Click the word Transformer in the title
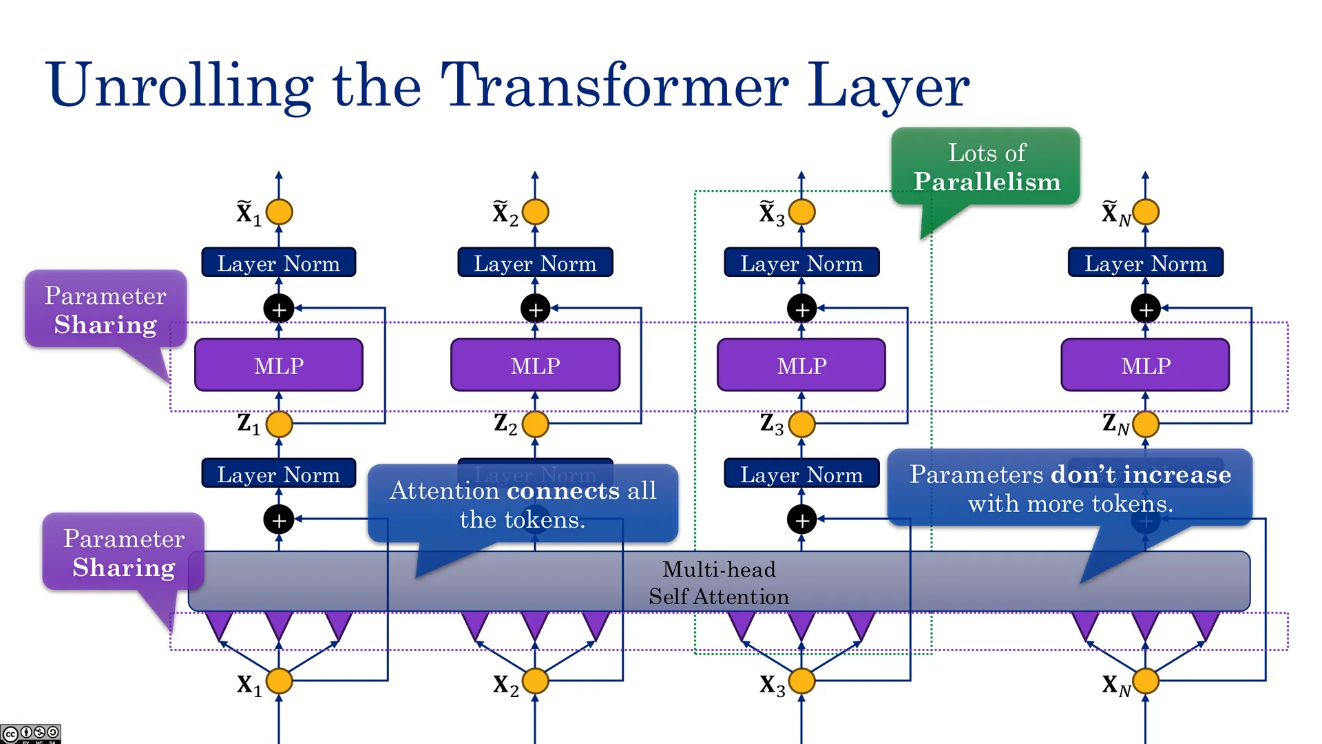click(614, 85)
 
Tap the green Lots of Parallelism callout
click(985, 167)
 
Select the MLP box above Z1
click(279, 365)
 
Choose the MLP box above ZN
click(1145, 365)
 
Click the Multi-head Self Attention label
click(719, 583)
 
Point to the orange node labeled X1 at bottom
click(279, 681)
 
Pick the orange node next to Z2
click(535, 424)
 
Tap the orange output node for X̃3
click(801, 211)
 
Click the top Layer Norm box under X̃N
click(1145, 262)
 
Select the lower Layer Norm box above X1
click(279, 473)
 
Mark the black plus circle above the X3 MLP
click(801, 309)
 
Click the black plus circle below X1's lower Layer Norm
click(279, 519)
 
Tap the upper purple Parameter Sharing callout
click(105, 310)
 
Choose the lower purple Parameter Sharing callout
click(123, 552)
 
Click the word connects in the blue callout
click(563, 490)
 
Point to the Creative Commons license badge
click(30, 734)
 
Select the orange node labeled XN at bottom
click(1145, 681)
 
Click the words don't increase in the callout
click(1141, 475)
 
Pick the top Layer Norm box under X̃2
click(535, 262)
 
